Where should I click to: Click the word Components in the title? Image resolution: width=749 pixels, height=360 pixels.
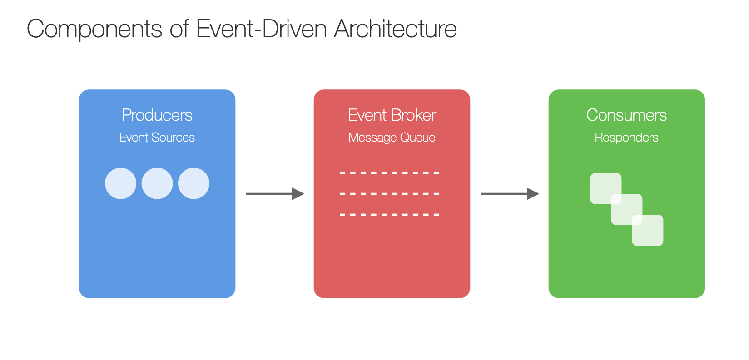tap(94, 29)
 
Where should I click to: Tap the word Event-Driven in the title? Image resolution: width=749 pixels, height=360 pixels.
tap(261, 29)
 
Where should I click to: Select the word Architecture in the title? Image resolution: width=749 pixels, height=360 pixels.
tap(395, 29)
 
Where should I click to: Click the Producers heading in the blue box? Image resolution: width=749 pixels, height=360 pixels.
tap(157, 115)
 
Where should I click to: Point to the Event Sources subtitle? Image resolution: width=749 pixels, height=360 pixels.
tap(157, 138)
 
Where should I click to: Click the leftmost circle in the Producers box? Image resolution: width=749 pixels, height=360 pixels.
tap(121, 183)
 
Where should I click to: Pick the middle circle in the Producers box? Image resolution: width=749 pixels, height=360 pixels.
tap(157, 183)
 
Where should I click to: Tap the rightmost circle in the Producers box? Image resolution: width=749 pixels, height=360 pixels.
tap(193, 183)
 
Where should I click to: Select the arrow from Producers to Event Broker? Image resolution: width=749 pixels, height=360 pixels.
tap(275, 194)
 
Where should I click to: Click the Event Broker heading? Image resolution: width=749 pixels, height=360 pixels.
tap(392, 115)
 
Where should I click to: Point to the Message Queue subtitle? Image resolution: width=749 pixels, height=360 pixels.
tap(392, 138)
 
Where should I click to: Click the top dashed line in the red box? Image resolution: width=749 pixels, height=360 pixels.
tap(389, 173)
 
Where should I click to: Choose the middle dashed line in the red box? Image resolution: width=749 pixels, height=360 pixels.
tap(389, 194)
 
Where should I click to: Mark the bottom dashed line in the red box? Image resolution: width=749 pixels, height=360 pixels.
tap(389, 215)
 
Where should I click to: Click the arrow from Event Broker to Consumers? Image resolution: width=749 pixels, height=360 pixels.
tap(510, 194)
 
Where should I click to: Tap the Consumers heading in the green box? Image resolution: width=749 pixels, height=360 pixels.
tap(627, 115)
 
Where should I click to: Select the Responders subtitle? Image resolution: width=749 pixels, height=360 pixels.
tap(627, 138)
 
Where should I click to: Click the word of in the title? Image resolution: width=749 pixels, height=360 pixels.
tap(179, 29)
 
